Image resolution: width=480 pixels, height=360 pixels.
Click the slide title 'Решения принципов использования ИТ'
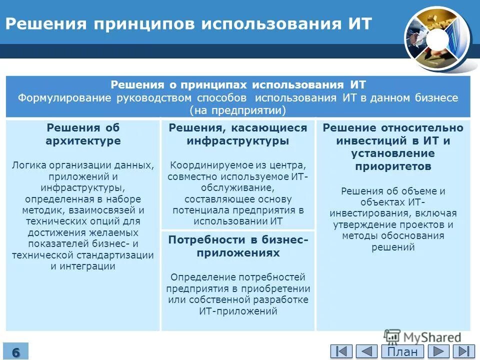point(188,23)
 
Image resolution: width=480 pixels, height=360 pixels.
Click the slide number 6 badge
point(16,351)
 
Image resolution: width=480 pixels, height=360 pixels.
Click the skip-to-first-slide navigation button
point(341,351)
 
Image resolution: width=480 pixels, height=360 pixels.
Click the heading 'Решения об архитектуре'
point(83,134)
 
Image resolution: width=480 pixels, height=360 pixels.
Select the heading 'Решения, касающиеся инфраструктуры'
point(237,134)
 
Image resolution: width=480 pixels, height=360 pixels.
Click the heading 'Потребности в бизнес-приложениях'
point(238,246)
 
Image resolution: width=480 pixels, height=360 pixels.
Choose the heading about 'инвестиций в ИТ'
point(393,147)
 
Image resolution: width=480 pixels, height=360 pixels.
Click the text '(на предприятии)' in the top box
point(238,110)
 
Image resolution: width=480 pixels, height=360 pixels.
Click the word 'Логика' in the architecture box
point(28,165)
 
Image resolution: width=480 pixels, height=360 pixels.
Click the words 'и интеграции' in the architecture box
point(83,266)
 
